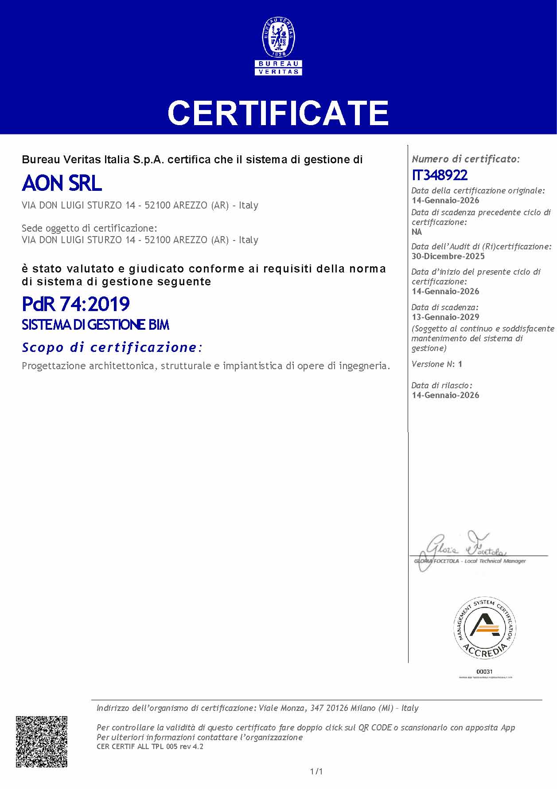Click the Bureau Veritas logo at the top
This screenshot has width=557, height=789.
[278, 46]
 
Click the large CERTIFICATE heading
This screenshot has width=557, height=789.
[278, 113]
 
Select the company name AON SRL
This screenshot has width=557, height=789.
[62, 183]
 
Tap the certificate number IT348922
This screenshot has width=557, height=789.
[440, 175]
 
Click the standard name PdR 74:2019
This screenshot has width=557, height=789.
[76, 304]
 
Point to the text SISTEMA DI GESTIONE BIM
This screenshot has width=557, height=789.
[96, 325]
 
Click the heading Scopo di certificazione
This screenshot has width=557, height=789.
[112, 347]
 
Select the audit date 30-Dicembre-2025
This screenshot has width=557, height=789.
[448, 256]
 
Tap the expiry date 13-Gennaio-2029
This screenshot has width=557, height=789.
[445, 317]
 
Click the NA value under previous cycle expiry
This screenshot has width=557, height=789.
[417, 232]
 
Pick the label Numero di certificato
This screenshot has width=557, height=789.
[465, 159]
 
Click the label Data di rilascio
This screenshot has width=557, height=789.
[442, 385]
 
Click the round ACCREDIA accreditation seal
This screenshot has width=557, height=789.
[484, 627]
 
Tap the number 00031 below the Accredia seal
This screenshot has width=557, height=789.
[484, 671]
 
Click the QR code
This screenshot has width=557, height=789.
[42, 742]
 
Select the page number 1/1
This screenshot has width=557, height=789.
[316, 772]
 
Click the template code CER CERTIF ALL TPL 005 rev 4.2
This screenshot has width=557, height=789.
[150, 746]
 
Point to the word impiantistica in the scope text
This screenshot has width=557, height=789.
[252, 366]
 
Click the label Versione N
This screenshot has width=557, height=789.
[432, 364]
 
